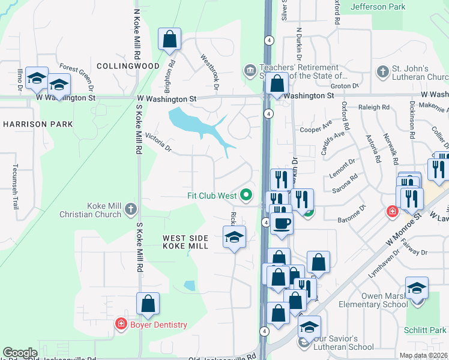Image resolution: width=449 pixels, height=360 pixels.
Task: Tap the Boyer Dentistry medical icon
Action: tap(121, 325)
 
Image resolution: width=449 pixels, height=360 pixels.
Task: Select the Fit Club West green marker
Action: tap(246, 196)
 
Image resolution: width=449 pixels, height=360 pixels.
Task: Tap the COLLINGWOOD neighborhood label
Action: tap(128, 66)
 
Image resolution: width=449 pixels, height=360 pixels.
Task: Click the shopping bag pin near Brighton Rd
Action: tap(170, 40)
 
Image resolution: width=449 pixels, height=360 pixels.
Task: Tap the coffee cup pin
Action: tap(282, 224)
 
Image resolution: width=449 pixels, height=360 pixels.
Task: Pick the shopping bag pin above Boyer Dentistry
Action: tap(148, 304)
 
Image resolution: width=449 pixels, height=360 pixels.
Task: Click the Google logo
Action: tap(20, 353)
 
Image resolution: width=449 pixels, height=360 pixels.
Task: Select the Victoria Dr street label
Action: tap(158, 143)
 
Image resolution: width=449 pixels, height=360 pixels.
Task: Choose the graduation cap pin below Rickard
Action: tap(234, 237)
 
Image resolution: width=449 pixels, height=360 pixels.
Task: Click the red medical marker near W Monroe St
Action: tap(391, 212)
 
